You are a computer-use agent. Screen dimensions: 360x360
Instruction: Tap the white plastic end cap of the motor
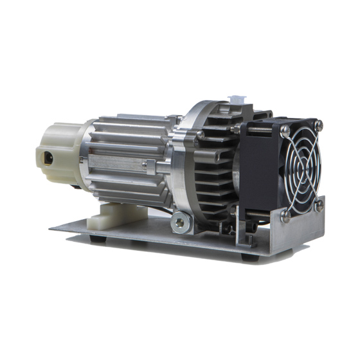[61, 151]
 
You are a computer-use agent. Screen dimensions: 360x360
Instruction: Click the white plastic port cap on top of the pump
[238, 101]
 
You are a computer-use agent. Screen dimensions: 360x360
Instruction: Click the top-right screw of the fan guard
[319, 123]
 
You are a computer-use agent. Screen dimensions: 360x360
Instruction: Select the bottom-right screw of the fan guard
[319, 206]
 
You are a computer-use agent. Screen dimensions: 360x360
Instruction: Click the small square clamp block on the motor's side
[148, 166]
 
